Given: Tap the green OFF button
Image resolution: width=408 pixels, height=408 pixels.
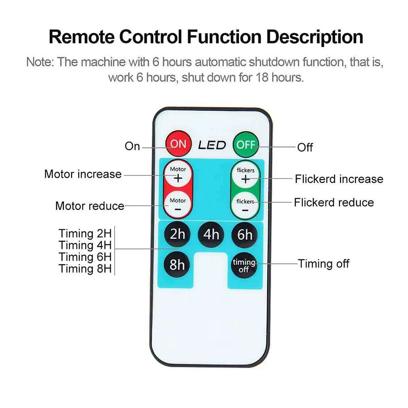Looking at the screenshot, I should pos(245,145).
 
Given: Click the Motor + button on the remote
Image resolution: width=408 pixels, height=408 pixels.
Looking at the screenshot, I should pos(178,175).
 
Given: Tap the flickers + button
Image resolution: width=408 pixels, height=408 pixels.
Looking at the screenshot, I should pos(245,175).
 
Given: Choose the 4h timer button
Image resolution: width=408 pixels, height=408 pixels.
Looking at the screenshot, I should pos(211,234).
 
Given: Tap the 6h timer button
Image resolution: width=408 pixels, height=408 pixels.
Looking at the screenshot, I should pos(245,234).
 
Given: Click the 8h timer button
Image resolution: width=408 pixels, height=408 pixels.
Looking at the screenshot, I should pos(177,264).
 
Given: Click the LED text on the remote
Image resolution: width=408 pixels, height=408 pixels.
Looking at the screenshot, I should pos(212,145).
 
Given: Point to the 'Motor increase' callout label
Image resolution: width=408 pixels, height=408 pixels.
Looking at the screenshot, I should pos(83,174).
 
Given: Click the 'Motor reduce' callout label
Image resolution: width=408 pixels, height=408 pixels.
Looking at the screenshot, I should pos(89,206).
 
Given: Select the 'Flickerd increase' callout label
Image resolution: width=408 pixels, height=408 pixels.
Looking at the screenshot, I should pos(339,179).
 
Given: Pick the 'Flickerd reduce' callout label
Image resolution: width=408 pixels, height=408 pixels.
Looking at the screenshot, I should pos(334,202).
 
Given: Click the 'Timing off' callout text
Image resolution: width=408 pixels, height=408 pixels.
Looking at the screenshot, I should pos(323,263).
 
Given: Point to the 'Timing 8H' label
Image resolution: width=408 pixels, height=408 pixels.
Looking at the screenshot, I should pos(85,269).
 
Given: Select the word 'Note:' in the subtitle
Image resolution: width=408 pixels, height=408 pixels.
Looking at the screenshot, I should pos(40,62).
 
